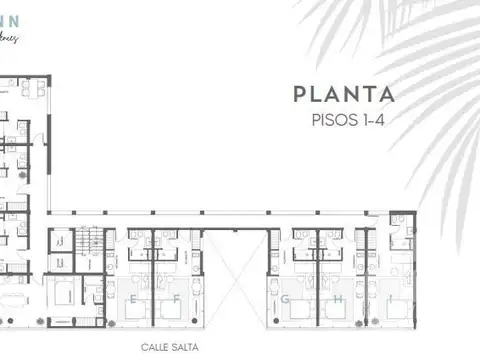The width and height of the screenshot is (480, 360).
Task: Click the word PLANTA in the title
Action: coord(344,95)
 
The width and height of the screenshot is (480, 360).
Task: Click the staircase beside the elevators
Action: coord(92,242)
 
